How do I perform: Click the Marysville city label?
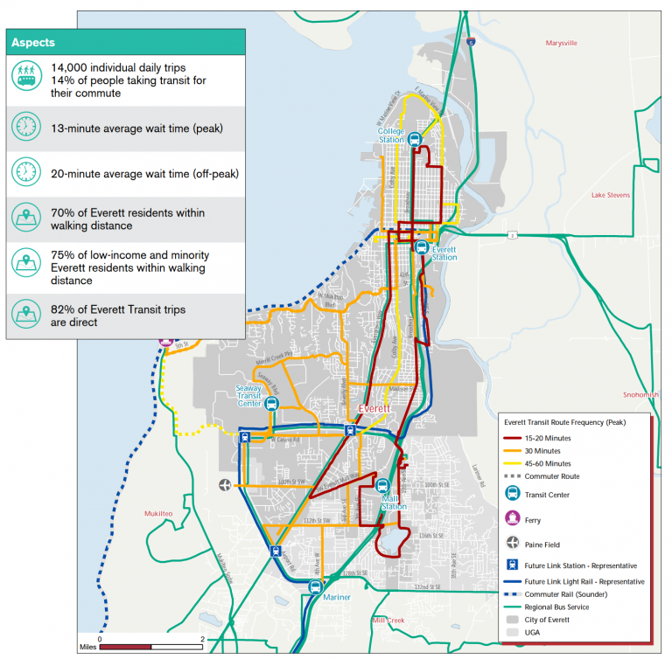point(561,43)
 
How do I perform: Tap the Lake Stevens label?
point(610,195)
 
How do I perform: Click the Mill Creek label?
point(388,621)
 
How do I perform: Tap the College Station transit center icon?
point(416,138)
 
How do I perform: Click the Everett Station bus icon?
point(422,246)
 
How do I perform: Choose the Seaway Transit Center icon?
point(271,404)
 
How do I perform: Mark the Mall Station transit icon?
point(382,486)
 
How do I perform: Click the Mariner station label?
point(337,598)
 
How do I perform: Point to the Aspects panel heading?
point(33,42)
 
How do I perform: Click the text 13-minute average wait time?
point(136,128)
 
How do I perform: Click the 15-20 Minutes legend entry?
point(549,437)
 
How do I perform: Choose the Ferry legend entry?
point(532,520)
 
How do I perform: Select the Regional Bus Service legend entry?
point(556,607)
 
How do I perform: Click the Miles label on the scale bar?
point(86,648)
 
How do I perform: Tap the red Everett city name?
point(376,410)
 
